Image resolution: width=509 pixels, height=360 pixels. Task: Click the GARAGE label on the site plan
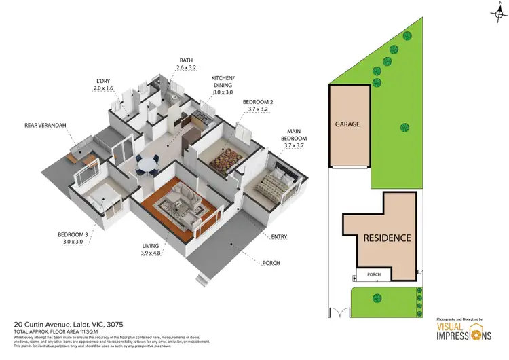tap(347, 124)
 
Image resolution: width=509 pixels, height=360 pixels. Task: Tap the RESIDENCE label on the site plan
tap(387, 238)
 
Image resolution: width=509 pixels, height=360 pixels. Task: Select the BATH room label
tap(186, 65)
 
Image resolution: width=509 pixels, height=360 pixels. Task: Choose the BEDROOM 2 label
tap(258, 105)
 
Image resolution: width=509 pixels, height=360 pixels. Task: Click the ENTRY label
tap(279, 236)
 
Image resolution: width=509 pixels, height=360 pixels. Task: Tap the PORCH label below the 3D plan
tap(270, 263)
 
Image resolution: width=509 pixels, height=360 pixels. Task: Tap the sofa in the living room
tap(183, 198)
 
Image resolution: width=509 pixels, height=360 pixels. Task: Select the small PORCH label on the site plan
tap(374, 275)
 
